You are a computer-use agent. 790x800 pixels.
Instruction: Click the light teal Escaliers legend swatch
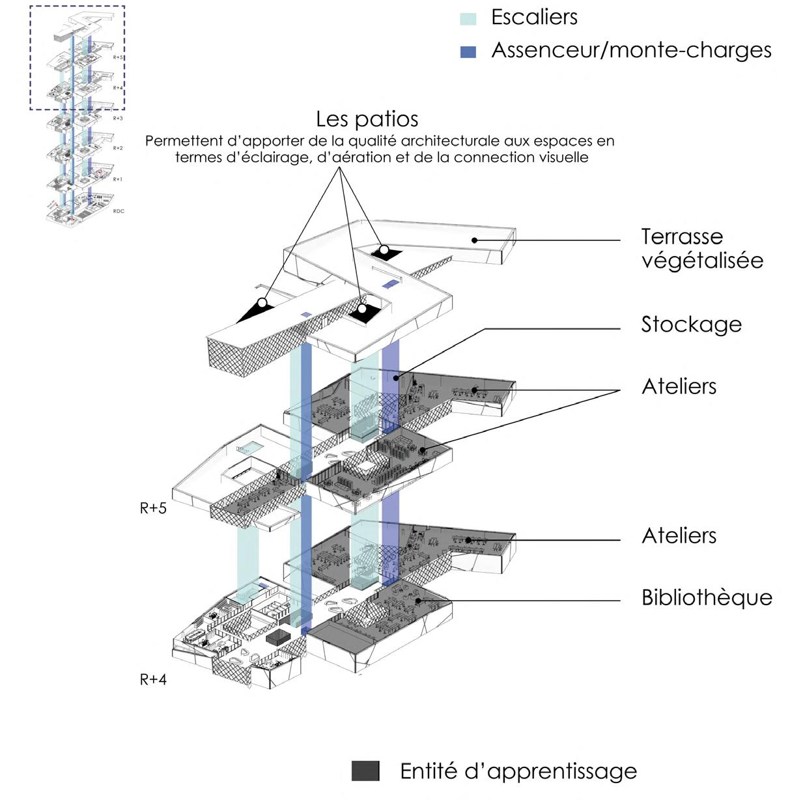[x=468, y=19]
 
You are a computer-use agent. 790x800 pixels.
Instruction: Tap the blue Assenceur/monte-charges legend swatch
[x=468, y=52]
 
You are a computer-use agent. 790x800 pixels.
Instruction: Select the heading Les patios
[x=367, y=119]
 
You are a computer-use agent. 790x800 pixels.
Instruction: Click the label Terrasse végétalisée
[x=701, y=248]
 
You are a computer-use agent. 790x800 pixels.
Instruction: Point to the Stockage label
[x=691, y=324]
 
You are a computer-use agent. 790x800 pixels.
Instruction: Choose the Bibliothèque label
[x=707, y=597]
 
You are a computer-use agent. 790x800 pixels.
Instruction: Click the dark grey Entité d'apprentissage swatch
[x=365, y=771]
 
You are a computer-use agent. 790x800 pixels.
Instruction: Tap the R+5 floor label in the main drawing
[x=153, y=509]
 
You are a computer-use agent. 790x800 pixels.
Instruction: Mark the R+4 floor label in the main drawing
[x=153, y=680]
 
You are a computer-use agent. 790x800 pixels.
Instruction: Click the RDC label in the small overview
[x=119, y=212]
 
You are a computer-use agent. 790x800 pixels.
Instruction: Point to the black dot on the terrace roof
[x=475, y=240]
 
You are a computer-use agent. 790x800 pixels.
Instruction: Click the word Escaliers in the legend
[x=534, y=18]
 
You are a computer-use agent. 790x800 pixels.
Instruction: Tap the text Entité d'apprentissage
[x=518, y=771]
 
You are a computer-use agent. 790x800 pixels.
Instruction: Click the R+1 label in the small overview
[x=117, y=180]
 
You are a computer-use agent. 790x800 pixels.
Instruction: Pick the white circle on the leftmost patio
[x=262, y=303]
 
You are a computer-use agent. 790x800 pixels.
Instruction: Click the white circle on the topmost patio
[x=384, y=250]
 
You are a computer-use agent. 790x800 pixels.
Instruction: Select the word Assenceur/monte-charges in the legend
[x=631, y=51]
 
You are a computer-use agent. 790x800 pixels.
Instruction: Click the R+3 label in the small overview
[x=118, y=119]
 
